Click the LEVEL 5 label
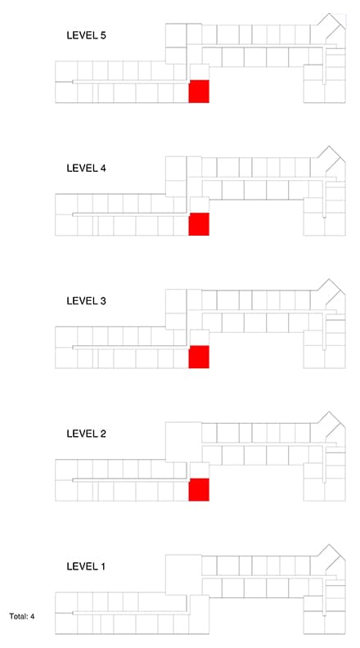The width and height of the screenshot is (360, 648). (86, 35)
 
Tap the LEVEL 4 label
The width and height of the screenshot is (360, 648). (86, 169)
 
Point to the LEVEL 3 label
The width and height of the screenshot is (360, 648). (86, 301)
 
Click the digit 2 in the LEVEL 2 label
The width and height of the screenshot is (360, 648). (102, 434)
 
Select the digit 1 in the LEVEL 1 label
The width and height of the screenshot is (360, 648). (102, 566)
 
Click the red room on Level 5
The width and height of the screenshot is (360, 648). (199, 92)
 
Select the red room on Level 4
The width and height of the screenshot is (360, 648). (199, 224)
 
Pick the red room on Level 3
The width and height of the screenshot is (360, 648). (199, 357)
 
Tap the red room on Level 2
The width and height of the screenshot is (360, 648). (199, 490)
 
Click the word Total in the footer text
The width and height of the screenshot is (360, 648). (17, 617)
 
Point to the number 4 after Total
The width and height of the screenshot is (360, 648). (32, 617)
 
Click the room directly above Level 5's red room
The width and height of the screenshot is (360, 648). (199, 72)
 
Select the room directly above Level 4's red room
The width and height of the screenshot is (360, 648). (199, 205)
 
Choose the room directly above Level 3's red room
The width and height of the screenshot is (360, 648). (199, 338)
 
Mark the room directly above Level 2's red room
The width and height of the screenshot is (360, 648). (199, 470)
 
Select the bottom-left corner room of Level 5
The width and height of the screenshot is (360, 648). (66, 92)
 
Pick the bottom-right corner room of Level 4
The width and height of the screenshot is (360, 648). (335, 224)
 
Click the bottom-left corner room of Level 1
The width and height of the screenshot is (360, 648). (66, 623)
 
